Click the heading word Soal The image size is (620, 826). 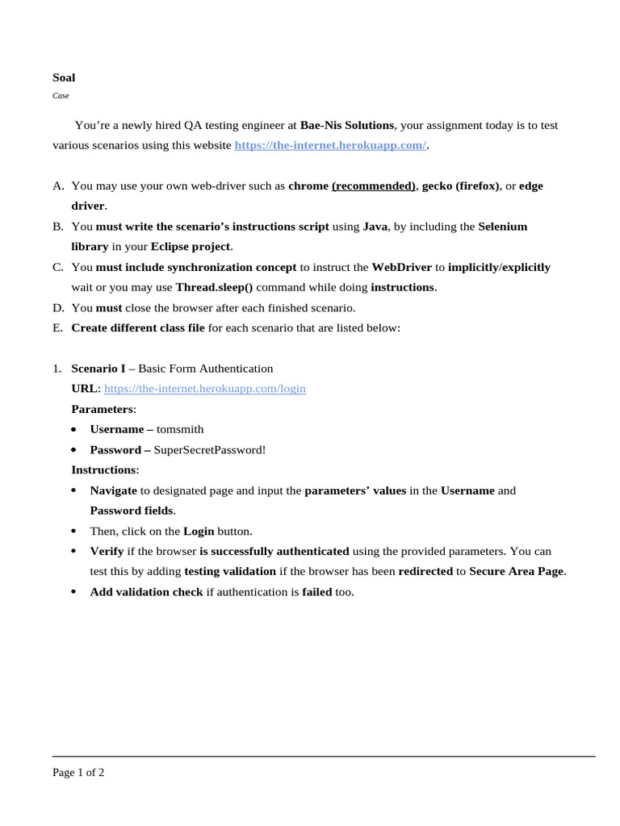tap(64, 78)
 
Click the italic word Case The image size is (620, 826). tap(61, 95)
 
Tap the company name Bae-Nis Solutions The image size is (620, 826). tap(347, 125)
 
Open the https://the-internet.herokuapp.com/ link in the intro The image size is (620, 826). tap(330, 145)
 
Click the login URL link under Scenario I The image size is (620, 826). tap(205, 388)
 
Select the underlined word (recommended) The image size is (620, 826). tap(373, 186)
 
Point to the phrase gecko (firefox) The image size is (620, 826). tap(460, 186)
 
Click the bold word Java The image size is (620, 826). tap(375, 227)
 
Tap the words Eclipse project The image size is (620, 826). tap(191, 246)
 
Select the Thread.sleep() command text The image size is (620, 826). tap(214, 287)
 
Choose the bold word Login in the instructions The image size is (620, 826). tap(199, 531)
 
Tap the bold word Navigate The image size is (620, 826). tap(113, 490)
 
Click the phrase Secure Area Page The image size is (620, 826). tap(517, 571)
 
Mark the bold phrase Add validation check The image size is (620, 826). tap(146, 591)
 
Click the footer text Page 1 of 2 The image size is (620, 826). tap(78, 772)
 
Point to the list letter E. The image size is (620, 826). tap(57, 327)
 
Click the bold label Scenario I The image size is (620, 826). tap(98, 368)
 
